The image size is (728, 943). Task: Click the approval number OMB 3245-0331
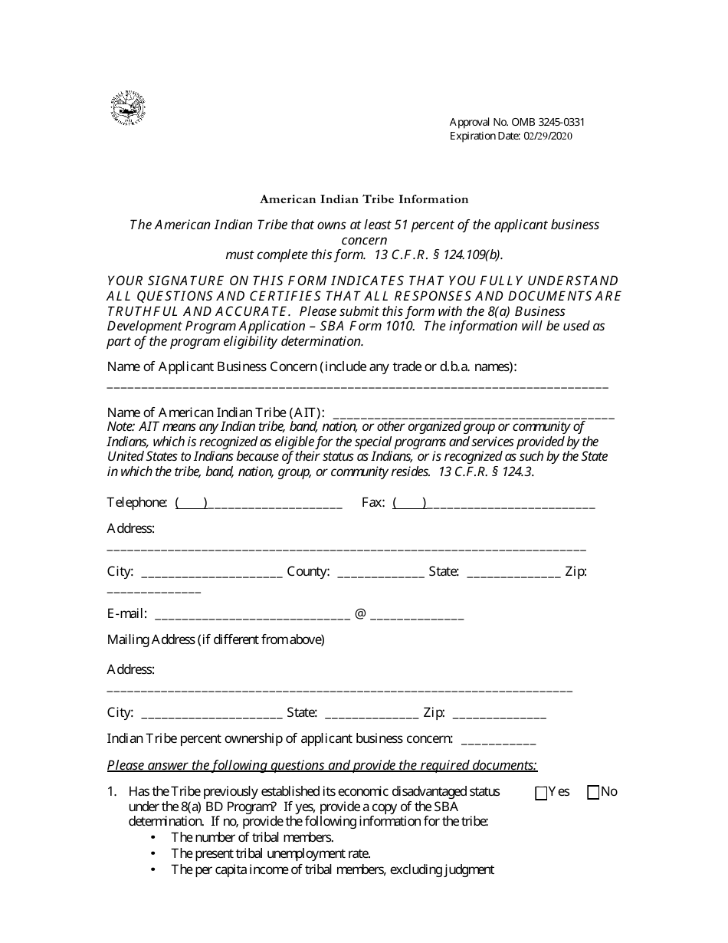pyautogui.click(x=518, y=122)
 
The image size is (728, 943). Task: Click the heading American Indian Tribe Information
pyautogui.click(x=364, y=199)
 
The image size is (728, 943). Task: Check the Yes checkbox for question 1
pyautogui.click(x=541, y=793)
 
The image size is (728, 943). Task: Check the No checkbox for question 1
pyautogui.click(x=593, y=793)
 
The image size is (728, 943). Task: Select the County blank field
pyautogui.click(x=380, y=573)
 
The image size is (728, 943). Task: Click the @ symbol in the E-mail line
pyautogui.click(x=359, y=614)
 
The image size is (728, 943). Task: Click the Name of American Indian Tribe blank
pyautogui.click(x=474, y=414)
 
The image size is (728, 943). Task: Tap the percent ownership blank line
pyautogui.click(x=499, y=740)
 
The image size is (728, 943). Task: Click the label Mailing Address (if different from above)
pyautogui.click(x=215, y=639)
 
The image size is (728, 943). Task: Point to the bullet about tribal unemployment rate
pyautogui.click(x=271, y=853)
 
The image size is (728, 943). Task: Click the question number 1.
pyautogui.click(x=112, y=791)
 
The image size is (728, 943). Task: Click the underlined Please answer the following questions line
pyautogui.click(x=322, y=765)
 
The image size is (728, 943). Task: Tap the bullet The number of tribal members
pyautogui.click(x=252, y=837)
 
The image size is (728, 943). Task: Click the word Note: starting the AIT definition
pyautogui.click(x=121, y=427)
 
